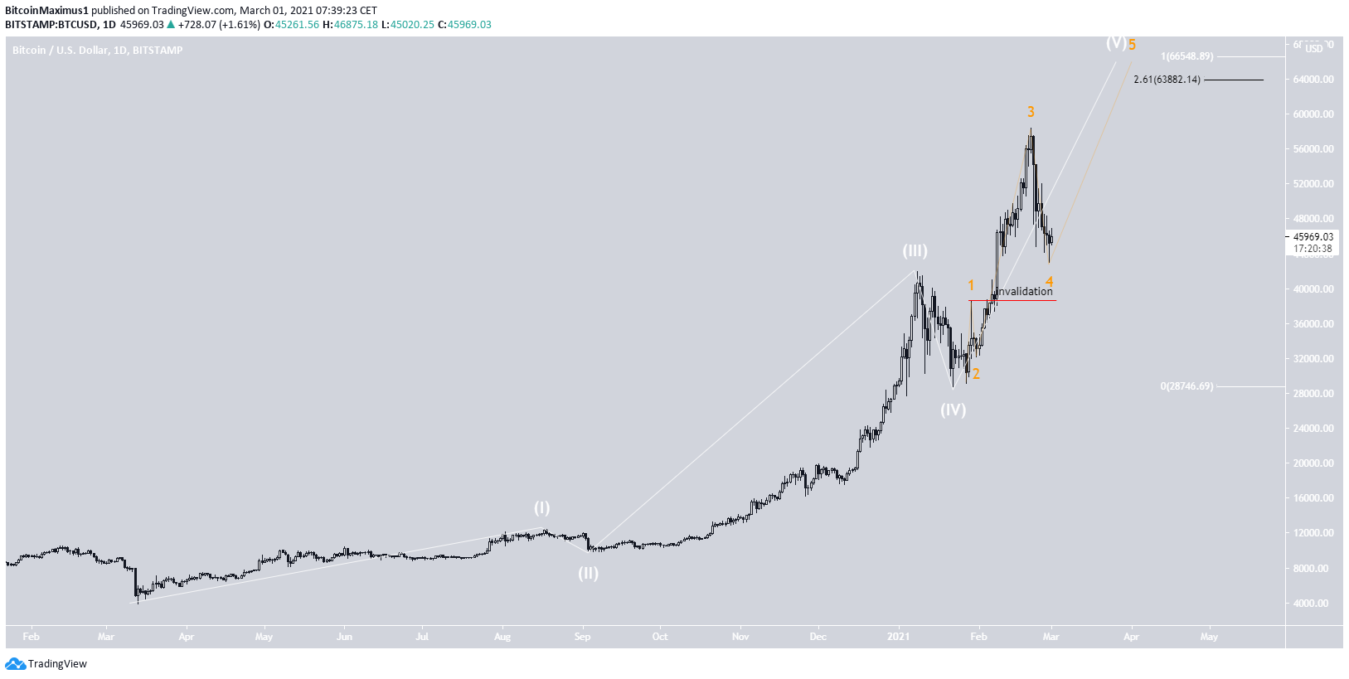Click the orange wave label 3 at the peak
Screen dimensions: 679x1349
[x=1031, y=112]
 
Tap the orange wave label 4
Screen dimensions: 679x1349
[x=1049, y=282]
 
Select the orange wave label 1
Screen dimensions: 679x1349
[x=971, y=286]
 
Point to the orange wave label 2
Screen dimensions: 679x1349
[x=976, y=374]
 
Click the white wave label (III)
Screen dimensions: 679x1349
[x=915, y=250]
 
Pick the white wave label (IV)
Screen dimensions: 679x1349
[x=953, y=410]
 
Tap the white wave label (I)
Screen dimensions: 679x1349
[x=541, y=507]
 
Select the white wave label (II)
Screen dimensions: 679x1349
[x=588, y=573]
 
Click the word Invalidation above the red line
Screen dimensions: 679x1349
[x=1024, y=291]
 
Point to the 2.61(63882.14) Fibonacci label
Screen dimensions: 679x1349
[x=1167, y=80]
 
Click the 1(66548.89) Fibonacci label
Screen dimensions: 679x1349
[x=1186, y=56]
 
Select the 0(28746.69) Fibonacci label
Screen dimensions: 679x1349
[x=1186, y=386]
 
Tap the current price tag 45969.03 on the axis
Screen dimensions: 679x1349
[x=1313, y=237]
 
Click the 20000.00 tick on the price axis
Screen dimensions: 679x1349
[x=1313, y=463]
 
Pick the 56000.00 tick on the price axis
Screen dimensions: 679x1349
[x=1313, y=149]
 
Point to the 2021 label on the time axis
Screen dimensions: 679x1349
[x=898, y=637]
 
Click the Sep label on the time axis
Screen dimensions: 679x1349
[x=582, y=637]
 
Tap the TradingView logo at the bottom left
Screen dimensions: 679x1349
[x=46, y=663]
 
